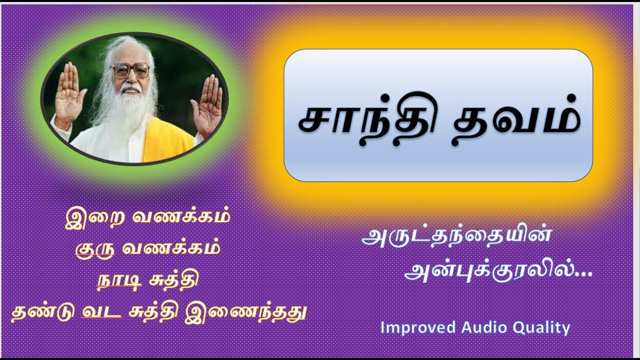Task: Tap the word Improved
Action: tap(418, 328)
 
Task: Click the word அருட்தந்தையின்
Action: tap(456, 236)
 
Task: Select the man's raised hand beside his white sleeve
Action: tap(70, 95)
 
